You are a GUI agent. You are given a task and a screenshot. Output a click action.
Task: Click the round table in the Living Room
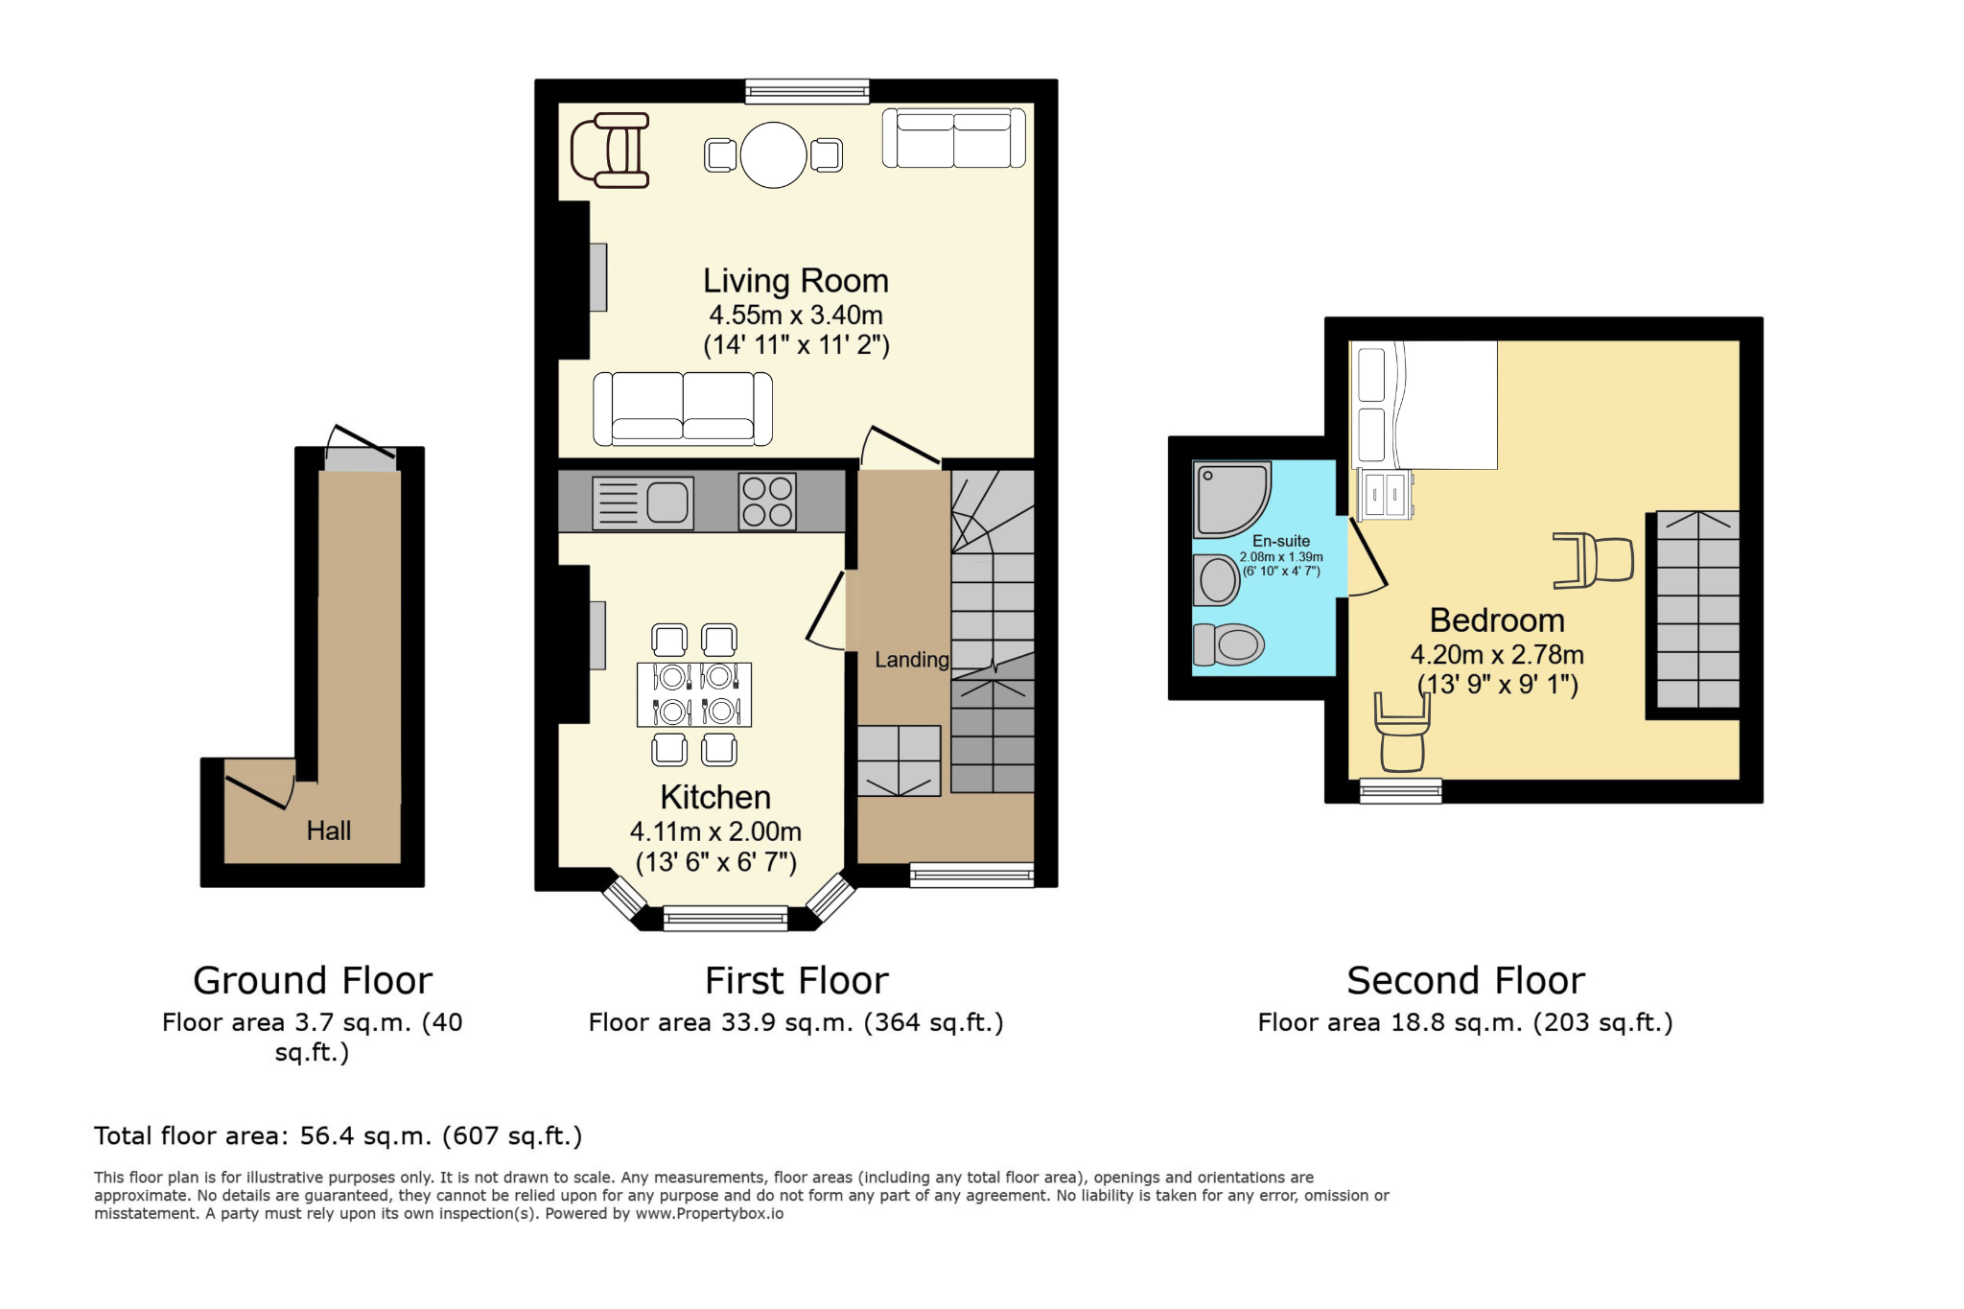(x=773, y=155)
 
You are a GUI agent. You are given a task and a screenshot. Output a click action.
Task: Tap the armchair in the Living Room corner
(x=611, y=151)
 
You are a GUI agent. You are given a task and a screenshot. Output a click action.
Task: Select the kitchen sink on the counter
(x=643, y=503)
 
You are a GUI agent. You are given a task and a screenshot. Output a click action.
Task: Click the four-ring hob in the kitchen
(x=767, y=503)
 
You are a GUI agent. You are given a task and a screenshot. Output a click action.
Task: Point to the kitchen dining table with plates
(x=694, y=694)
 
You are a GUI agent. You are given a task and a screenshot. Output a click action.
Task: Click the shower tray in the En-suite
(x=1231, y=500)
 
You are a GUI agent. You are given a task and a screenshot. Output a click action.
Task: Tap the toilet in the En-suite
(x=1228, y=644)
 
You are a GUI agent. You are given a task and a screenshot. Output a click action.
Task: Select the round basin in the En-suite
(x=1217, y=580)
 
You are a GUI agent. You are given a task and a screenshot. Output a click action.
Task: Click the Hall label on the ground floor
(x=329, y=830)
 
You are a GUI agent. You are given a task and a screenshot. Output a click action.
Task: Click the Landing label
(x=911, y=660)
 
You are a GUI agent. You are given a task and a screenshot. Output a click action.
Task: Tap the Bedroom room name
(x=1497, y=620)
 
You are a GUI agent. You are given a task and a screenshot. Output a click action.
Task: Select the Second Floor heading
(x=1465, y=980)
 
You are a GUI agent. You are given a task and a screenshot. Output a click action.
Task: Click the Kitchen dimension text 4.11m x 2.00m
(x=715, y=831)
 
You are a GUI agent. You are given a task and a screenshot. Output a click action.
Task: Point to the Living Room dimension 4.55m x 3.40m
(x=796, y=315)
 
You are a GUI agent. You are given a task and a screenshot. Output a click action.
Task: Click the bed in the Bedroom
(x=1424, y=405)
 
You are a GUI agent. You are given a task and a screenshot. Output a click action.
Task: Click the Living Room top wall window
(x=807, y=91)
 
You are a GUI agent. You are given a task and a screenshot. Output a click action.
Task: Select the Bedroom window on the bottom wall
(x=1401, y=791)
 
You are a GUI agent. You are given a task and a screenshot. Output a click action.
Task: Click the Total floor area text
(x=339, y=1136)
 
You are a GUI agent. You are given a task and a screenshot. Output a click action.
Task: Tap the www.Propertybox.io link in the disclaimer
(x=710, y=1214)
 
